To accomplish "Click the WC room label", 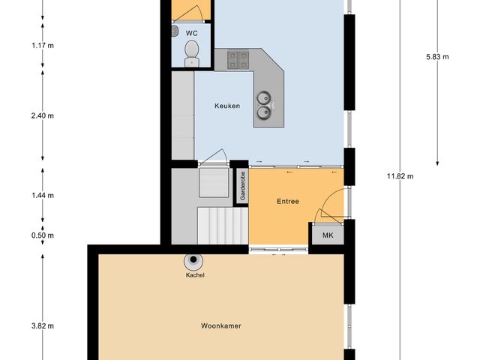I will pos(192,33).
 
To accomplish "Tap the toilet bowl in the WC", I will pos(192,52).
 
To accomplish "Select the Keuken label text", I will pos(226,106).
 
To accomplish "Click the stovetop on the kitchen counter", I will pos(239,58).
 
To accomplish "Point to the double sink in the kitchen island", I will pos(265,105).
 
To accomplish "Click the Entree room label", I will pos(287,201).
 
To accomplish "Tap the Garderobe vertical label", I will pos(242,187).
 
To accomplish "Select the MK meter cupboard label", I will pos(328,235).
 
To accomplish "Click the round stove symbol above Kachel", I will pos(195,261).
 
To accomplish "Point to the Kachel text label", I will pos(195,275).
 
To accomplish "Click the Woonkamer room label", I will pos(221,326).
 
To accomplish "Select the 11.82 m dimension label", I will pos(400,176).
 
